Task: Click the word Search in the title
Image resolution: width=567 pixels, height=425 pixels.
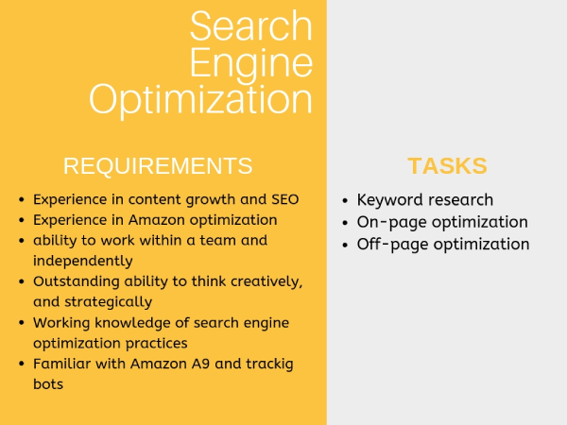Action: (251, 26)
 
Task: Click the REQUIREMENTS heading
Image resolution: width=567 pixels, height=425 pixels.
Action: (158, 166)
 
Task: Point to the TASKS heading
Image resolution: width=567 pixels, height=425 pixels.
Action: (447, 166)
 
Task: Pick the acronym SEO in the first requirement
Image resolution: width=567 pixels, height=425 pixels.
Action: (285, 199)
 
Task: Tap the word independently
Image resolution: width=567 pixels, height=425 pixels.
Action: (83, 262)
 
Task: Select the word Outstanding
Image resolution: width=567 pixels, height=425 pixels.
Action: (77, 281)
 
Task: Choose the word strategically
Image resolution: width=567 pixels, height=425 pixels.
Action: (108, 302)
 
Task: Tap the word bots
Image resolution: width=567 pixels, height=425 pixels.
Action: (48, 384)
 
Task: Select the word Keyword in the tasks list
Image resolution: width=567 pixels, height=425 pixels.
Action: (384, 200)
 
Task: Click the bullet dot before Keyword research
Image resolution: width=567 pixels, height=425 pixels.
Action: (345, 200)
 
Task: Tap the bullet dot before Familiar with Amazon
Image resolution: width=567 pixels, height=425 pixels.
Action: (22, 364)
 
